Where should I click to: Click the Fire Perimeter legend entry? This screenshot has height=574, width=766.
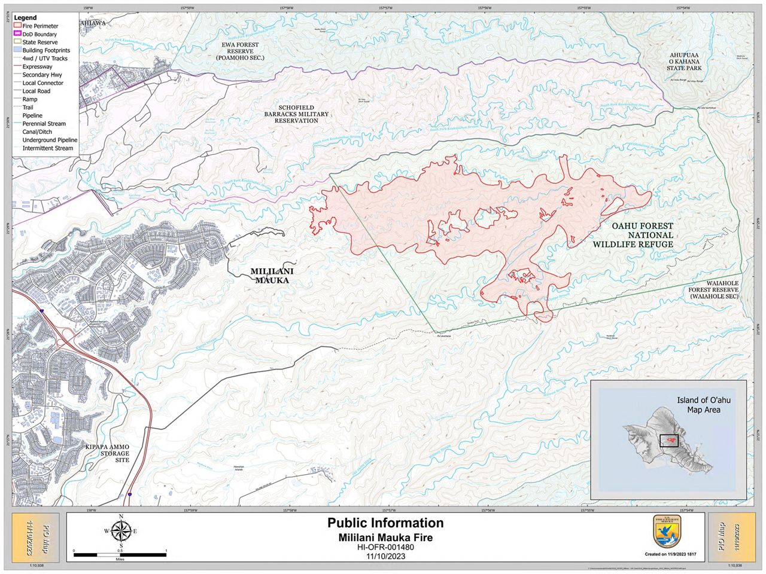tap(39, 26)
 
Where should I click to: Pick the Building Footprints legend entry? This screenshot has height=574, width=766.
tap(45, 51)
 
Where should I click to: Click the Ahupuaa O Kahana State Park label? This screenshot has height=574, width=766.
tap(683, 62)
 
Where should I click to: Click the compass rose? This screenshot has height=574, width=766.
tap(121, 530)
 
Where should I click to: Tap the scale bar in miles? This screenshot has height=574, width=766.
tap(120, 554)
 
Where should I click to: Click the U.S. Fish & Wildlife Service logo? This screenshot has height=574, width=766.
tap(665, 532)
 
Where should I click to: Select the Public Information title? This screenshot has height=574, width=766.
tap(385, 523)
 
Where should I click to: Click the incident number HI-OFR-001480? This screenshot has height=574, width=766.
tap(385, 546)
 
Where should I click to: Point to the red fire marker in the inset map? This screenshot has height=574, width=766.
tap(670, 441)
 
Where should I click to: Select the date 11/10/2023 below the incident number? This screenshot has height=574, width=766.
tap(385, 556)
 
